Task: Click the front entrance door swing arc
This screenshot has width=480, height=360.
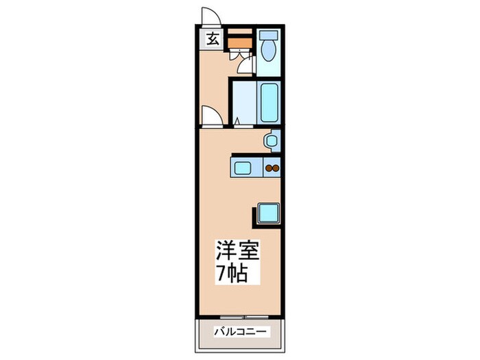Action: click(210, 16)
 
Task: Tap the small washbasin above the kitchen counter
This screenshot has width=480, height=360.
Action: click(272, 141)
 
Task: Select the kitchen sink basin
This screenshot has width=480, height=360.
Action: click(244, 166)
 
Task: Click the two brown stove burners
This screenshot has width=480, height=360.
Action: click(272, 167)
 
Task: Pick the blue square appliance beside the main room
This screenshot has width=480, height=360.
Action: click(268, 213)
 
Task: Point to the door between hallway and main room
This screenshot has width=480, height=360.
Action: click(213, 118)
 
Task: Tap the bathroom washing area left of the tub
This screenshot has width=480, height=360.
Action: click(243, 104)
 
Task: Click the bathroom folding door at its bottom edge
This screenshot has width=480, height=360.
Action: click(237, 124)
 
